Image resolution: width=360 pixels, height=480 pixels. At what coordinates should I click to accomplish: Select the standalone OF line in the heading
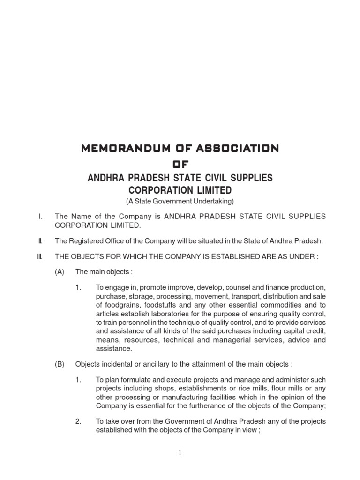180,163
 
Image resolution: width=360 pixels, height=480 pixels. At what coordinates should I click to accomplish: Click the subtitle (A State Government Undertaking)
180,201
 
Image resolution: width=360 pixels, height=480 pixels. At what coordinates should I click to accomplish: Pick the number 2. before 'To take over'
79,421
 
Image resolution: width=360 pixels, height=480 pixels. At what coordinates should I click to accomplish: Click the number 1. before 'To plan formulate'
79,379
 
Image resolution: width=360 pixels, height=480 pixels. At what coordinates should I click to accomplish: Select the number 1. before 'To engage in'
79,287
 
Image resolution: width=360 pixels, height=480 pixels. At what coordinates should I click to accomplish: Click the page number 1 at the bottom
180,452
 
